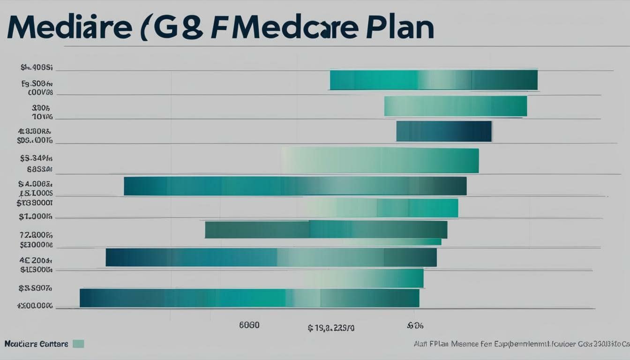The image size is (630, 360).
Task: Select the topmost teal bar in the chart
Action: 434,80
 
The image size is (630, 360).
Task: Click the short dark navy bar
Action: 444,131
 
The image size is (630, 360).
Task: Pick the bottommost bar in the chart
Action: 249,298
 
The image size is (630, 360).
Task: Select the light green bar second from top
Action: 455,106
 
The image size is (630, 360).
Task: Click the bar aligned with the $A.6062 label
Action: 295,186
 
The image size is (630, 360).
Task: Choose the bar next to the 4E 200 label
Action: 271,257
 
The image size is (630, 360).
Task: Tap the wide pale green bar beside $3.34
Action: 380,160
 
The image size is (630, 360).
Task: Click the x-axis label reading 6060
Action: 249,325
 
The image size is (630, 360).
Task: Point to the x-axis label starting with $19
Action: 331,328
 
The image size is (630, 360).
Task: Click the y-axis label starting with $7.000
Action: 36,217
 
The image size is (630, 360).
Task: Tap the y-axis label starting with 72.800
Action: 36,235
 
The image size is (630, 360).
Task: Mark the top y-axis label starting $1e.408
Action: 37,67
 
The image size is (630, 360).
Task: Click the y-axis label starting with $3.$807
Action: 35,288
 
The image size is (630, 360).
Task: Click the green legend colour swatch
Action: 78,344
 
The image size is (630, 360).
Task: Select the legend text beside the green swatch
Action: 36,344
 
